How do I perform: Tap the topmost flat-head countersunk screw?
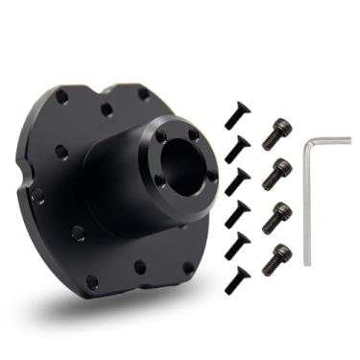[236, 117]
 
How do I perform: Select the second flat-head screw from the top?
[237, 149]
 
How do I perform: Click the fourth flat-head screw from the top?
[238, 213]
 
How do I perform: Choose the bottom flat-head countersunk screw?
[237, 279]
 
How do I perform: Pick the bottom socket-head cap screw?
[276, 258]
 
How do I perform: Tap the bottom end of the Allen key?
[308, 262]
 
